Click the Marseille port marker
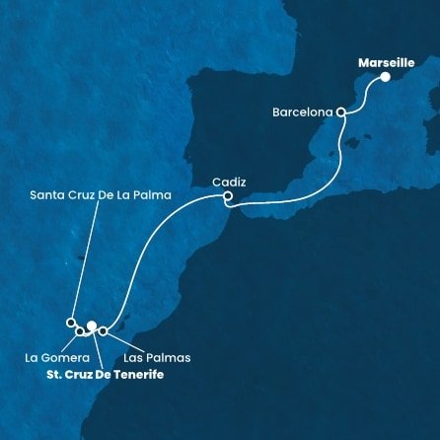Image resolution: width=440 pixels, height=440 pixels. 386,77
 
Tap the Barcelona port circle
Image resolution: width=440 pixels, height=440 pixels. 341,112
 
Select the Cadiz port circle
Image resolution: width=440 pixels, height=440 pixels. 228,196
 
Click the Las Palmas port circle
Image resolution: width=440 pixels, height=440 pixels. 103,330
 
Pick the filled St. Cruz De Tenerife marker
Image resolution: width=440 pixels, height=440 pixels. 91,326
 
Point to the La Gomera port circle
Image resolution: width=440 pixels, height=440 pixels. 80,330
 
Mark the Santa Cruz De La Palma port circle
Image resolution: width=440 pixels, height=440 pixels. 70,322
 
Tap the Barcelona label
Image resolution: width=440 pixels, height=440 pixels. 302,112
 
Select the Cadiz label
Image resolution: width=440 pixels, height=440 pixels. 229,181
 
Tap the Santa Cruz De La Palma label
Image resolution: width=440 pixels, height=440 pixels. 102,195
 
